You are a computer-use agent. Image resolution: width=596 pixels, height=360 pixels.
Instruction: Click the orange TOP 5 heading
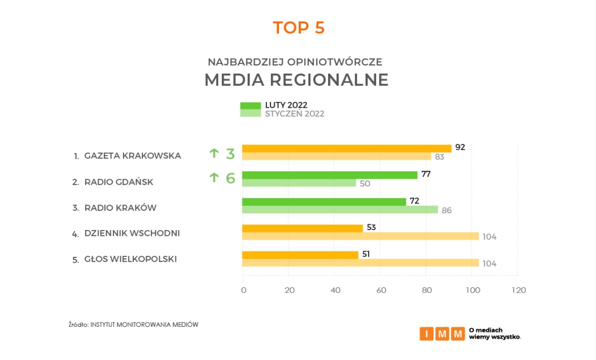tap(299, 28)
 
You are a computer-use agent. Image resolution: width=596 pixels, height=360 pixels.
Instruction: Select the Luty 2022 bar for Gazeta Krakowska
tap(346, 148)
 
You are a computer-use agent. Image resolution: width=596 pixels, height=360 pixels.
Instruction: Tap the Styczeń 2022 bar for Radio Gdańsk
tap(299, 183)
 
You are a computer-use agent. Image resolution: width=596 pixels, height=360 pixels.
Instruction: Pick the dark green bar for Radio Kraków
tap(324, 202)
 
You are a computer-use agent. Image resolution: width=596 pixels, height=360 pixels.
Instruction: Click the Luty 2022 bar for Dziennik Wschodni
tap(302, 228)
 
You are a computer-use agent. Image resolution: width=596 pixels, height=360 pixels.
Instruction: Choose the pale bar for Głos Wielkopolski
tap(360, 263)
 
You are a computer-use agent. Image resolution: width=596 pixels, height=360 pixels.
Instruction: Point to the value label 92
tap(460, 147)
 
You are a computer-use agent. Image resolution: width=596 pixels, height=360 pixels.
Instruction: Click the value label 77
tap(426, 174)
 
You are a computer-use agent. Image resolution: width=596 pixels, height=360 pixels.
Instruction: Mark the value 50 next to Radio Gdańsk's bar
tap(365, 183)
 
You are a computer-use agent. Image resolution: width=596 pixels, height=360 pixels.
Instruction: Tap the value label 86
tap(447, 210)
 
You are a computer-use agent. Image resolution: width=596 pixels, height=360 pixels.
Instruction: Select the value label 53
tap(371, 227)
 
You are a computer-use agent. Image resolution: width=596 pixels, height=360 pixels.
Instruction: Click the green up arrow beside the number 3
tap(214, 154)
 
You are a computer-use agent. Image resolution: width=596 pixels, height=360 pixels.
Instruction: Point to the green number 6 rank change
tap(230, 178)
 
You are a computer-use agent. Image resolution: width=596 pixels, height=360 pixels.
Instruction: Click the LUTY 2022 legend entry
tap(286, 105)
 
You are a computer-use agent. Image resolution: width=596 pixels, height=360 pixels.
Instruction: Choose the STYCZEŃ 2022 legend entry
tap(294, 114)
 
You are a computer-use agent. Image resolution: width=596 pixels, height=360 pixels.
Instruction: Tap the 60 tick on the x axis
tap(380, 290)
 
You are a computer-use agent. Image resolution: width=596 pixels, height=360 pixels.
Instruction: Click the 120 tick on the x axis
tap(518, 290)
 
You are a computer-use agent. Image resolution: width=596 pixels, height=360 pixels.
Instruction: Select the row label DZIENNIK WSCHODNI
tap(132, 233)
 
